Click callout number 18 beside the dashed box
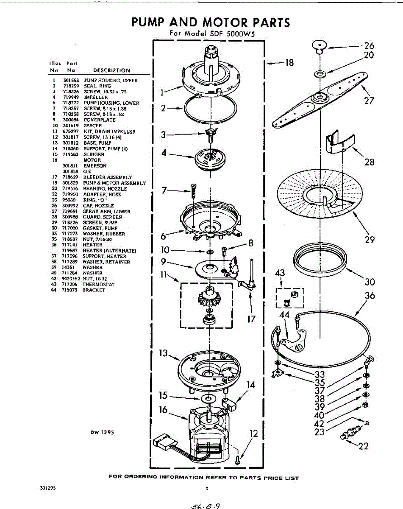[289, 63]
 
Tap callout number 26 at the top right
[369, 45]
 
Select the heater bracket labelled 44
[293, 340]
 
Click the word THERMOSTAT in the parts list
[99, 285]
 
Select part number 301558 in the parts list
[69, 80]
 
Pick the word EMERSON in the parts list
[95, 166]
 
